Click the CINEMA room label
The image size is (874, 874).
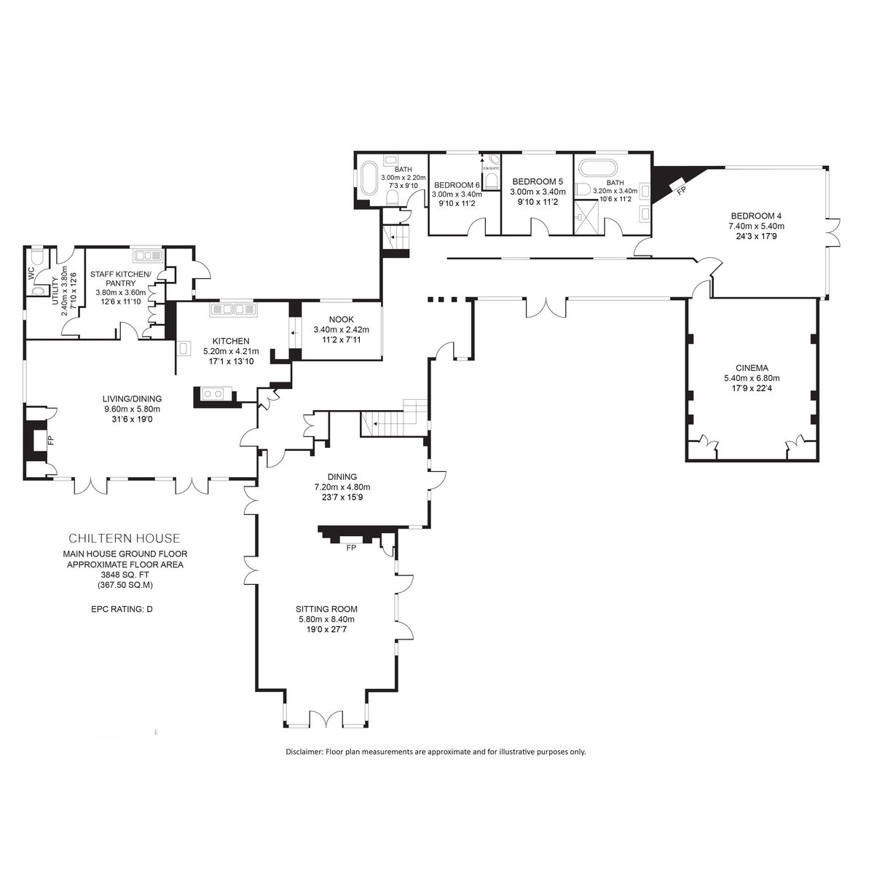coord(752,368)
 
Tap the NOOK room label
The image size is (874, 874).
coord(342,319)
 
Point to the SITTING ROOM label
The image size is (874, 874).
coord(326,609)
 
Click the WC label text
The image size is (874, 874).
coord(31,274)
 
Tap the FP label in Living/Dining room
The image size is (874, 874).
coord(51,440)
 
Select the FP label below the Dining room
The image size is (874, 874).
coord(351,548)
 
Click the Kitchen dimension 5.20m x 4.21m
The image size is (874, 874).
coord(231,351)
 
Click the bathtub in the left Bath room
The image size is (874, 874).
coord(369,180)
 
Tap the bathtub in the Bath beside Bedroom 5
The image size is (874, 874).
coord(598,168)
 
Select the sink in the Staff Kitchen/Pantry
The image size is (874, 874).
coord(147,256)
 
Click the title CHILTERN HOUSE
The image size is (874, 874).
coord(125,538)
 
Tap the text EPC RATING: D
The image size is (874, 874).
coord(122,609)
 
